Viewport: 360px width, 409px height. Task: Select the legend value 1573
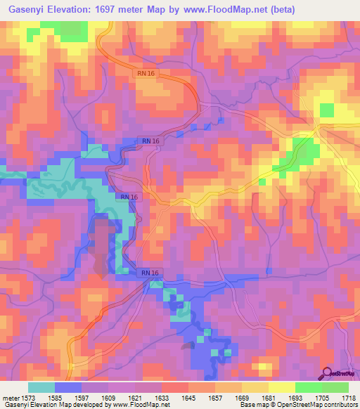30,397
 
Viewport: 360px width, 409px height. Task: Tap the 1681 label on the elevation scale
268,397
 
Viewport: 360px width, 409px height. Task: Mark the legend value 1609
110,397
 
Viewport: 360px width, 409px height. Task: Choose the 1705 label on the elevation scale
321,397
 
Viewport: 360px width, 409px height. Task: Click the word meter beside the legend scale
11,397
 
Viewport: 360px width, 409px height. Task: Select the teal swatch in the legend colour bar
41,387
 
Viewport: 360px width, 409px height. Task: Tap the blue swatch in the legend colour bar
68,387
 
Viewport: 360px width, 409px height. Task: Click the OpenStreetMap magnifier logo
328,373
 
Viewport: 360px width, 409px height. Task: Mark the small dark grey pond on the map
188,345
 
